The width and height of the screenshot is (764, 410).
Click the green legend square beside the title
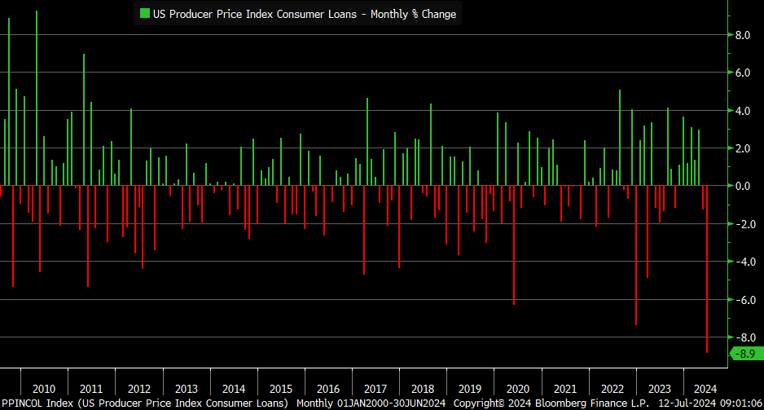coord(145,13)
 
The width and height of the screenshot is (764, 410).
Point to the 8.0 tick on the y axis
coord(743,35)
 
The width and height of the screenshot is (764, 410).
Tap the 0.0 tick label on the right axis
coord(743,186)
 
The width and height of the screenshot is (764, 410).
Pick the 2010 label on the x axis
coord(44,388)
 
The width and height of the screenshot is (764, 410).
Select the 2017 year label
coord(375,388)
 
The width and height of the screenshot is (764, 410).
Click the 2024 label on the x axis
coord(705,388)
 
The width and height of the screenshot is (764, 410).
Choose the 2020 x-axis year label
coord(516,388)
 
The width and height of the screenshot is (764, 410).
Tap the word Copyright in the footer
coord(482,403)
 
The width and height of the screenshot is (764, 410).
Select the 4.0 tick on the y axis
coord(743,111)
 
